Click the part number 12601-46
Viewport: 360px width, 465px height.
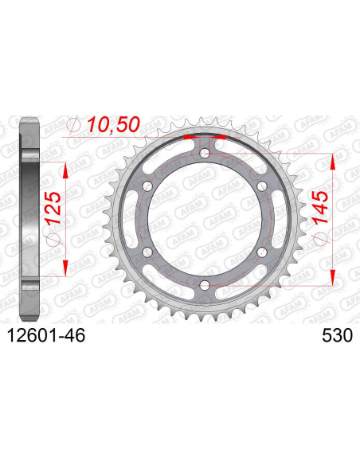[46, 335]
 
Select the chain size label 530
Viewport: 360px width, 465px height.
[338, 335]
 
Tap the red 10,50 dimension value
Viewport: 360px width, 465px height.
[113, 124]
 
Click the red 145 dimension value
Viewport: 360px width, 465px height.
[319, 207]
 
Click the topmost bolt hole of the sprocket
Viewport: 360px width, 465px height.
[205, 154]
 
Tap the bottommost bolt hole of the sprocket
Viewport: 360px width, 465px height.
[205, 286]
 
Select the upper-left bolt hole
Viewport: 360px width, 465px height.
[147, 186]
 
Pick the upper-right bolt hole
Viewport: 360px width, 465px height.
[261, 186]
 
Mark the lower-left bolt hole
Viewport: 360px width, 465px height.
[147, 252]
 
